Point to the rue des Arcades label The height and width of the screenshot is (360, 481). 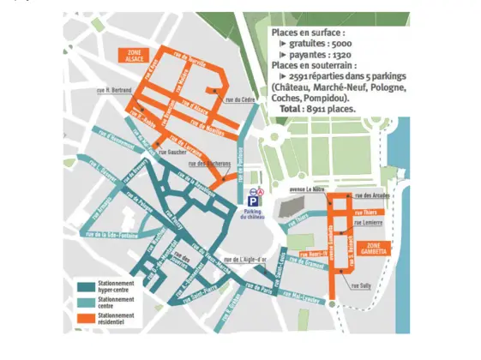(373, 195)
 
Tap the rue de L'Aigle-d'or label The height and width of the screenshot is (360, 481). (246, 259)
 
